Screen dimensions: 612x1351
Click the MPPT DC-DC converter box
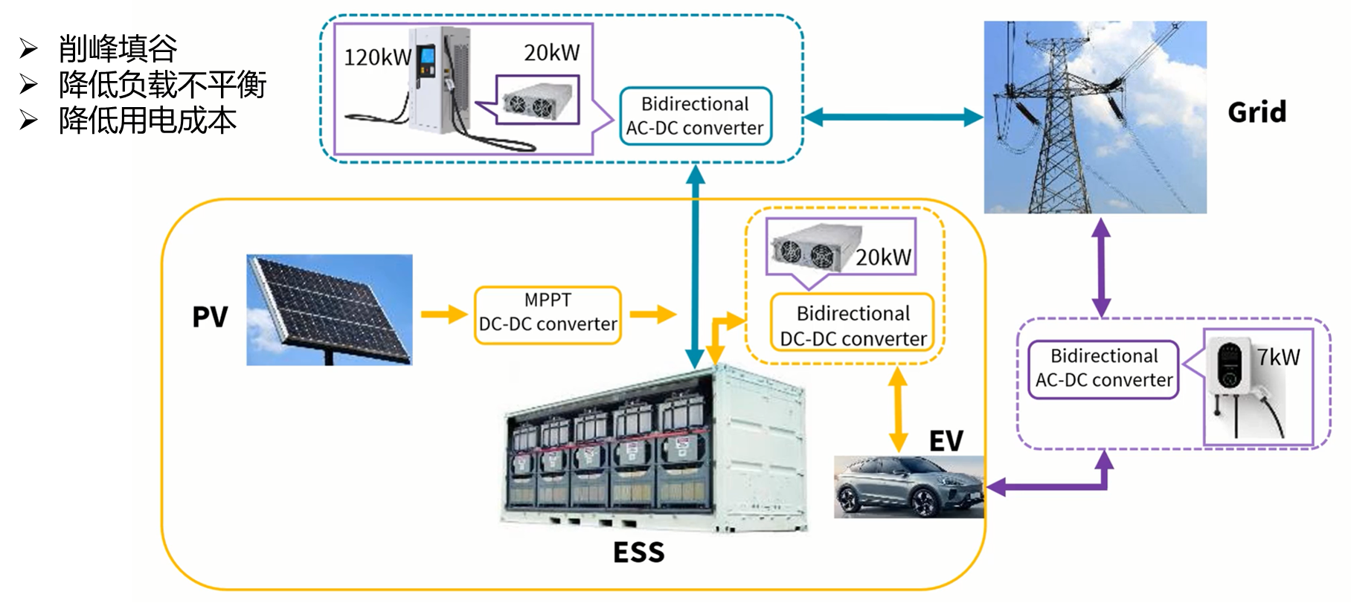click(548, 315)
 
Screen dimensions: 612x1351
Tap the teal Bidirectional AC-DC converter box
click(695, 116)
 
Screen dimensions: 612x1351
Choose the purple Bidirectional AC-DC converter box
click(1103, 369)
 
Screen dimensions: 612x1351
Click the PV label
click(210, 317)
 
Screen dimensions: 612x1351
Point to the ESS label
click(638, 553)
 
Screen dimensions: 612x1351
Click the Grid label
click(1257, 112)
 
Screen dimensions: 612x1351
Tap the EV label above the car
click(946, 441)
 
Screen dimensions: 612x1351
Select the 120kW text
click(377, 57)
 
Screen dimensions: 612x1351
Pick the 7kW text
click(1279, 358)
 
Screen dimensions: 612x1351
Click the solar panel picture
click(330, 309)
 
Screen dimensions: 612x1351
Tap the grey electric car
click(908, 487)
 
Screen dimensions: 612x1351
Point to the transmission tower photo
click(1094, 117)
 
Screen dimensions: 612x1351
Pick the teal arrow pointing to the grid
click(893, 117)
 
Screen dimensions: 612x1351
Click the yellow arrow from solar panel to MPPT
click(444, 315)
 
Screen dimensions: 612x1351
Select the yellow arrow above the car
click(898, 409)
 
